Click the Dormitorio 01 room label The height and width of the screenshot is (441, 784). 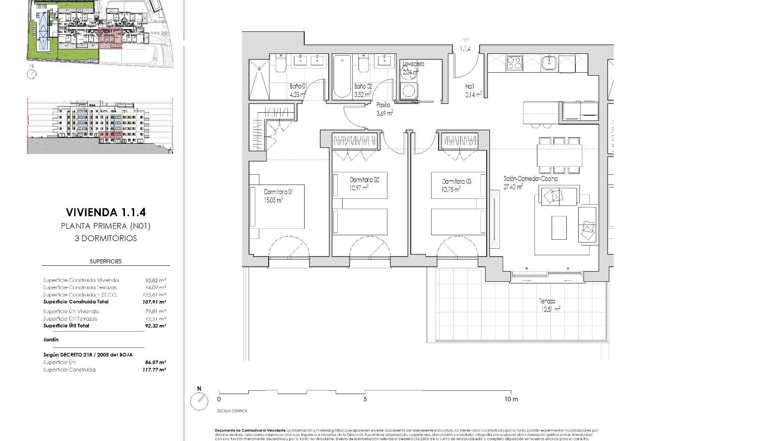[x=278, y=196]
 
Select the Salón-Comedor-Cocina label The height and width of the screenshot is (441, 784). [x=530, y=183]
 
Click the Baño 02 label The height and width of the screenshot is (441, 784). [x=363, y=90]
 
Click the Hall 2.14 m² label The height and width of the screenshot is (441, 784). [x=473, y=90]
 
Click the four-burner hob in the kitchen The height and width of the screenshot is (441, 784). [x=514, y=63]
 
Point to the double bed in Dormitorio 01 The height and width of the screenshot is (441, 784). [x=278, y=207]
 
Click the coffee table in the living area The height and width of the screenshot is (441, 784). [x=559, y=227]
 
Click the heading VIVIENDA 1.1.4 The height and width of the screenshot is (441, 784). [x=106, y=212]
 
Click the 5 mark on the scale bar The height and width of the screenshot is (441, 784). [x=365, y=399]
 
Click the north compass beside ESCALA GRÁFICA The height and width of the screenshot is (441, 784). [x=199, y=401]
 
